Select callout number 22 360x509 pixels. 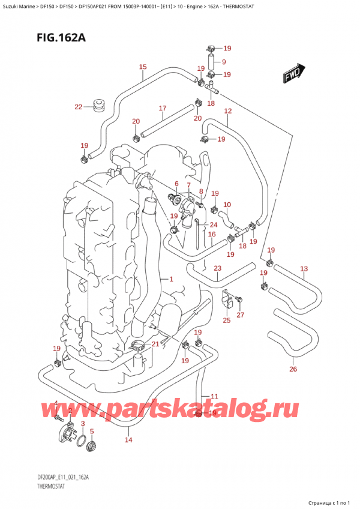point(78,107)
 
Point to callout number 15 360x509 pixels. point(142,67)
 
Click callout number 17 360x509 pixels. point(162,108)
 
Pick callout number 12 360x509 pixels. point(227,111)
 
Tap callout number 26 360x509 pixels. point(293,369)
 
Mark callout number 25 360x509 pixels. point(226,321)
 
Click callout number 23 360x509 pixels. point(217,268)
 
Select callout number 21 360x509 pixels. point(156,343)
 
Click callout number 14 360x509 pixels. point(128,440)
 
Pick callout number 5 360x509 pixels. point(92,431)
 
